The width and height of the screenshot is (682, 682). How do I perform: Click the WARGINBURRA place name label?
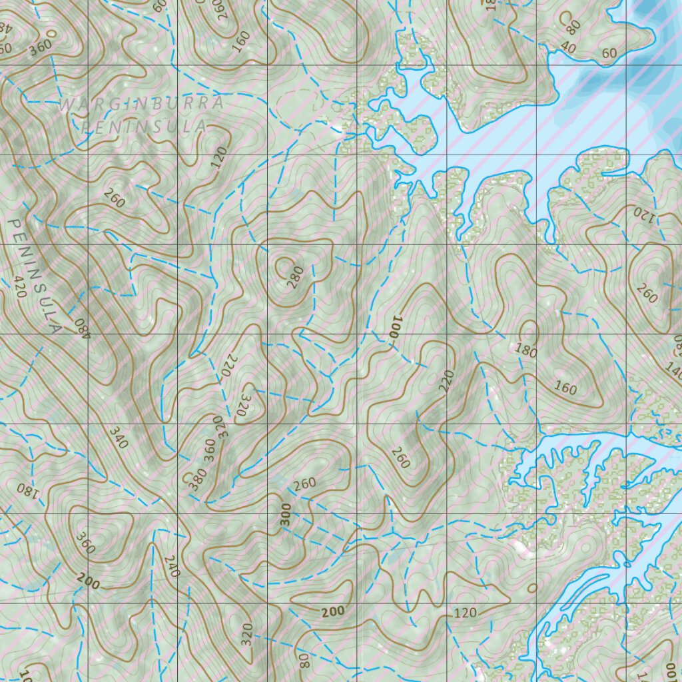pyautogui.click(x=142, y=104)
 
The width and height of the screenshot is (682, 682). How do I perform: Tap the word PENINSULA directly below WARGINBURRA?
pyautogui.click(x=144, y=127)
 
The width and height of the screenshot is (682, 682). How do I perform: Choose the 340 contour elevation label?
pyautogui.click(x=118, y=436)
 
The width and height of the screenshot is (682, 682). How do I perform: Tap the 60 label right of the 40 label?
pyautogui.click(x=609, y=53)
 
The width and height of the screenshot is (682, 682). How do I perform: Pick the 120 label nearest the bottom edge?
pyautogui.click(x=465, y=613)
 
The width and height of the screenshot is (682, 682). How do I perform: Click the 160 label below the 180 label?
pyautogui.click(x=565, y=388)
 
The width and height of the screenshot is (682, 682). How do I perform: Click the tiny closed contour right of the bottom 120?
pyautogui.click(x=531, y=587)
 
